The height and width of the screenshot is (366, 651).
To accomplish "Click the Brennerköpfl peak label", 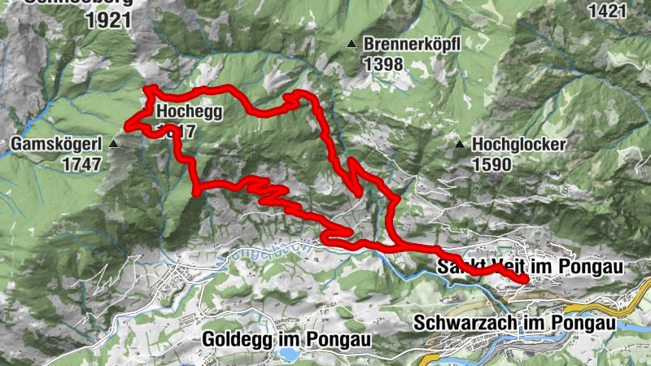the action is pyautogui.click(x=413, y=45).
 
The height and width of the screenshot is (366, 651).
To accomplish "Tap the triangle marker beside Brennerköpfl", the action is pyautogui.click(x=352, y=44).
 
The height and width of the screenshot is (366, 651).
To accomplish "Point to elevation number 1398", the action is pyautogui.click(x=384, y=63).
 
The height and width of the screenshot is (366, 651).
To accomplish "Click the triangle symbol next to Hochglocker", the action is pyautogui.click(x=460, y=145).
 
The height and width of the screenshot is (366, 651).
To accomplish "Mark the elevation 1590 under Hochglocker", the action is pyautogui.click(x=492, y=163).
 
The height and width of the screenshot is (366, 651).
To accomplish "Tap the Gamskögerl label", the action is pyautogui.click(x=55, y=145).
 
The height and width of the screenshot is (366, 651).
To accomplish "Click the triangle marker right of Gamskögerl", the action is pyautogui.click(x=114, y=144).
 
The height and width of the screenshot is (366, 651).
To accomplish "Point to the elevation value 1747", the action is pyautogui.click(x=81, y=163).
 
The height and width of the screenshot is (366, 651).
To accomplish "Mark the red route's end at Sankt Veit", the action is pyautogui.click(x=525, y=280).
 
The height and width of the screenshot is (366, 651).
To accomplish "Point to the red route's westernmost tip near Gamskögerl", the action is pyautogui.click(x=126, y=124).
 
